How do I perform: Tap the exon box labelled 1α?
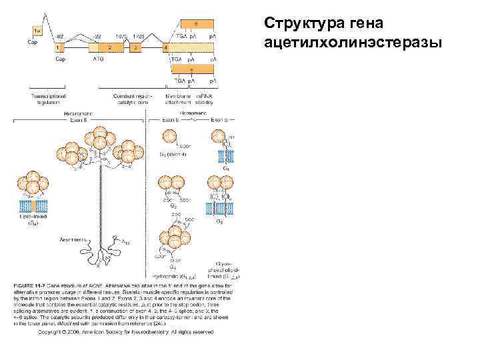pyautogui.click(x=37, y=30)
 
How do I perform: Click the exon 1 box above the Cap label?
pyautogui.click(x=58, y=49)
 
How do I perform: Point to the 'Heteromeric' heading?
pyautogui.click(x=78, y=113)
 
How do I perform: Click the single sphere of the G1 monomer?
pyautogui.click(x=170, y=137)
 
